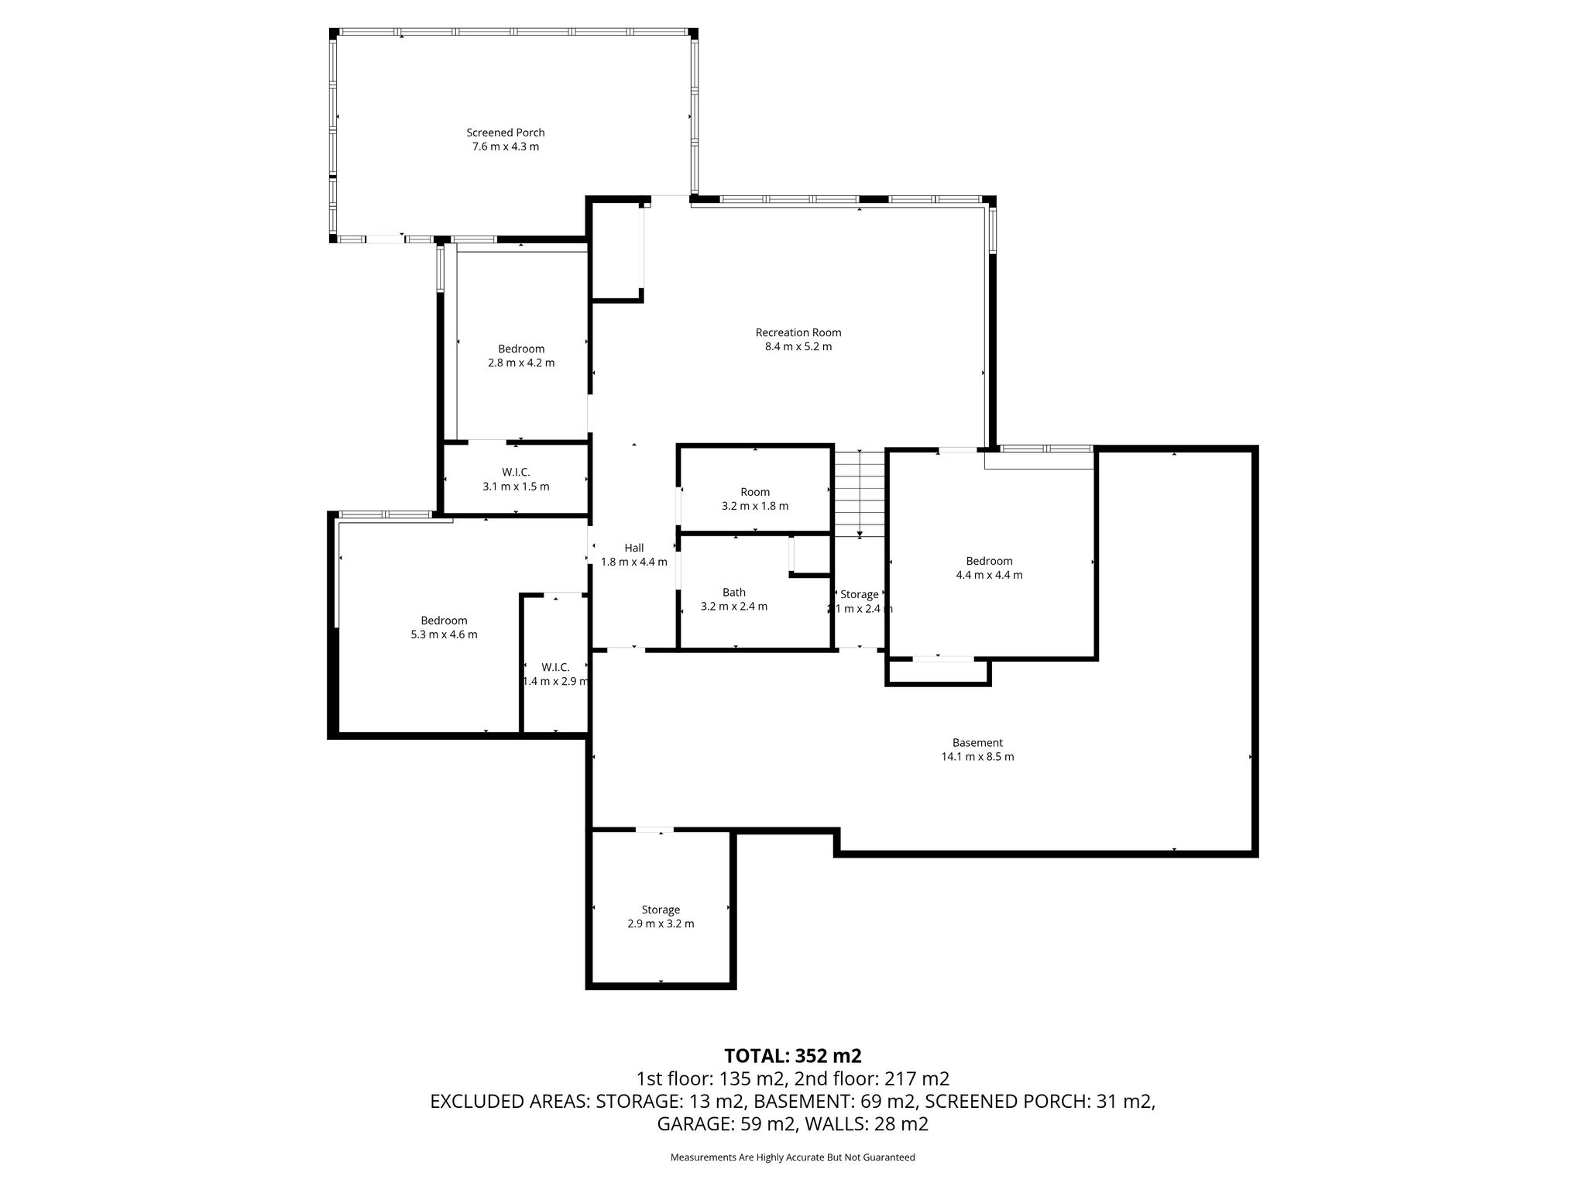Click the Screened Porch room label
click(505, 132)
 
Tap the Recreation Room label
click(798, 332)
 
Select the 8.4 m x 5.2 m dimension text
click(798, 346)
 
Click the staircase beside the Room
click(860, 493)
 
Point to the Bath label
click(734, 593)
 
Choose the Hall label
click(634, 548)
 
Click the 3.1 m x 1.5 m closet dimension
click(516, 487)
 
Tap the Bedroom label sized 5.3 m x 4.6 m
click(444, 621)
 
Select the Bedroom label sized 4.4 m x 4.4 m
click(989, 561)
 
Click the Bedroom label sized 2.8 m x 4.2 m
click(521, 349)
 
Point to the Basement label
click(977, 742)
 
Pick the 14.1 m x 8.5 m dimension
click(977, 756)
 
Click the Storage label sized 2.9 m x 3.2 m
click(661, 910)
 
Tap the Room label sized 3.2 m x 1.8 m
click(755, 492)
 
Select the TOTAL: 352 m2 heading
click(793, 1056)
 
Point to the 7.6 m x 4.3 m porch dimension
click(506, 146)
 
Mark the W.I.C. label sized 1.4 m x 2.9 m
click(555, 667)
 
